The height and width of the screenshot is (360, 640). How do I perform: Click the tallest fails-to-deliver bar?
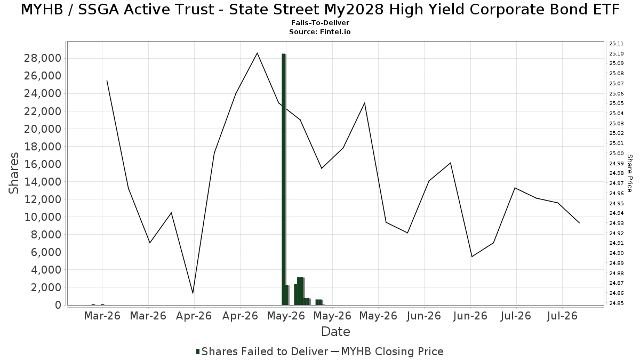pos(283,179)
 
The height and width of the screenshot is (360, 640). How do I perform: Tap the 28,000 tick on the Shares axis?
pos(43,58)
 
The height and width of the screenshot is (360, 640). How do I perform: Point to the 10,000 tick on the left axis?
pos(43,217)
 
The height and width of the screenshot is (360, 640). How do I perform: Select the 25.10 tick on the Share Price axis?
pos(617,54)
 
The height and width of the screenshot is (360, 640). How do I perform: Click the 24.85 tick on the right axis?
pos(617,303)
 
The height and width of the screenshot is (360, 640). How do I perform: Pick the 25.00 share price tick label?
pos(617,154)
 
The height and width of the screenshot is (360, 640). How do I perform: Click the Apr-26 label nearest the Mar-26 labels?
pos(194,316)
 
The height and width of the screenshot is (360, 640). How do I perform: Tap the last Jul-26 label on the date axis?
pos(562,316)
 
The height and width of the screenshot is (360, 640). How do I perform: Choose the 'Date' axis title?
pos(335,332)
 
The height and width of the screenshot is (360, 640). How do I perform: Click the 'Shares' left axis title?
pos(13,173)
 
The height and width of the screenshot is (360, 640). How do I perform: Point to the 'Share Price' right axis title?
pos(629,173)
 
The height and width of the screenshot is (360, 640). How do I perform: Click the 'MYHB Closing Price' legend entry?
pos(387,351)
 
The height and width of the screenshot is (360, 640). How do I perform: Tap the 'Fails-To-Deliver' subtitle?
pos(320,22)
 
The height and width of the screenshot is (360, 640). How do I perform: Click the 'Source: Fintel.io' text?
pos(320,31)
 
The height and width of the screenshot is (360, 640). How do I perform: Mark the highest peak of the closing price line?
pos(257,53)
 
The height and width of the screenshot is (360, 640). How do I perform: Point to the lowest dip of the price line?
pos(193,293)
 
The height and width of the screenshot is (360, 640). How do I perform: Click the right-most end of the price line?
pos(579,223)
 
